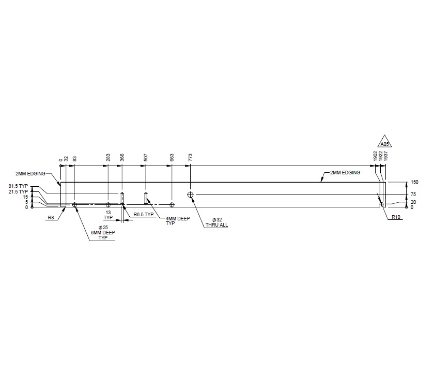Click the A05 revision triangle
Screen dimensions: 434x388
pos(385,141)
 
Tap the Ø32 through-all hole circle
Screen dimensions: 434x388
pos(190,195)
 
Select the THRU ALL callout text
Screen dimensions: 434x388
pos(216,225)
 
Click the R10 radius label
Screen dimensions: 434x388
pos(396,217)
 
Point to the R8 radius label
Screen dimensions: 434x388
pos(51,218)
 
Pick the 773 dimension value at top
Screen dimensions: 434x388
pos(190,158)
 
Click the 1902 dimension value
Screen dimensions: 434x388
pos(375,156)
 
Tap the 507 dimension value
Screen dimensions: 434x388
pos(146,158)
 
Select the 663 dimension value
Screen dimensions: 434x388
pos(172,158)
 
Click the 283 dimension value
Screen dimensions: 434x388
pos(108,158)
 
